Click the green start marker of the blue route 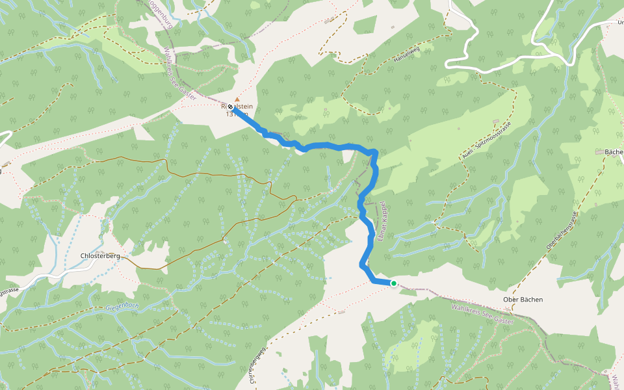pyautogui.click(x=393, y=283)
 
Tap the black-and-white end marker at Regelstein pyautogui.click(x=230, y=107)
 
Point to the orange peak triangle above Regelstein pyautogui.click(x=237, y=99)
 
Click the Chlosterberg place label pyautogui.click(x=100, y=256)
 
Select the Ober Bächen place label pyautogui.click(x=523, y=300)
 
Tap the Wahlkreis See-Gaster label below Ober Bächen pyautogui.click(x=482, y=313)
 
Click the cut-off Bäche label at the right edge pyautogui.click(x=614, y=152)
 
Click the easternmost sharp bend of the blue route pyautogui.click(x=375, y=153)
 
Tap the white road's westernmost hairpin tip pyautogui.click(x=448, y=64)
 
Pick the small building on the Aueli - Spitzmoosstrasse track pyautogui.click(x=497, y=122)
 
